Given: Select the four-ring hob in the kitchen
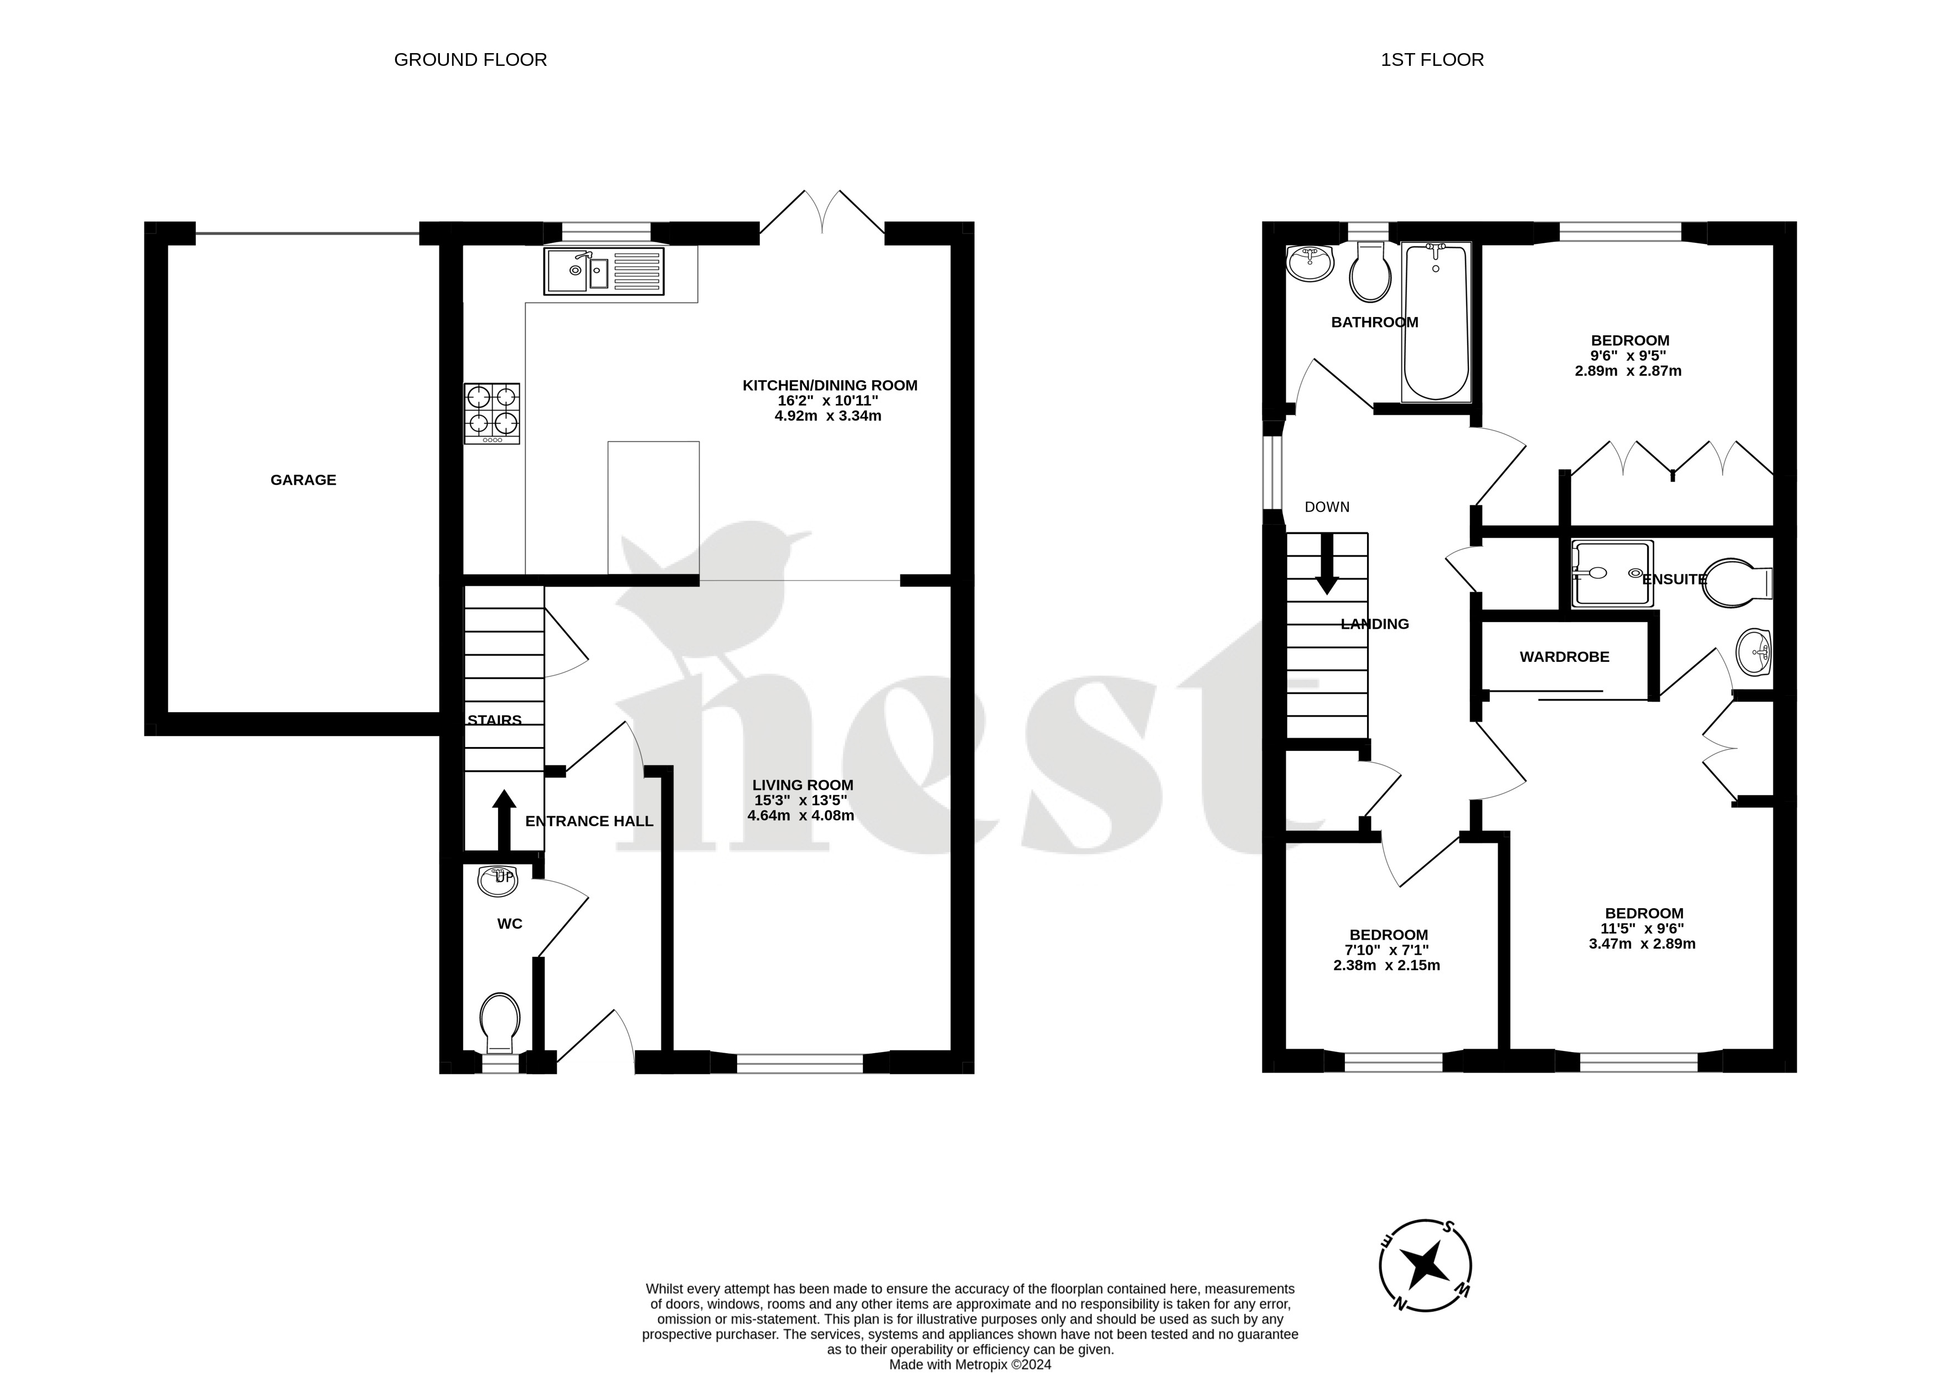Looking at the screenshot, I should pos(491,413).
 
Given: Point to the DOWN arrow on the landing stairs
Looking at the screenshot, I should pos(1327,563).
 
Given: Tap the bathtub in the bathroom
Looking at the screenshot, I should pos(1436,322).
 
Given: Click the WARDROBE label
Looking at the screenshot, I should pos(1564,657).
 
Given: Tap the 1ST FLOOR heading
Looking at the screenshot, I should pos(1432,60).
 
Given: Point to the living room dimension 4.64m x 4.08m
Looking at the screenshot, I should pos(800,816).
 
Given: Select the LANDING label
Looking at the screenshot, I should pos(1375,624).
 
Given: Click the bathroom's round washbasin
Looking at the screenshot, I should pos(1309,263).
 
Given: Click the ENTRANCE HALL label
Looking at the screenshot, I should pos(589,821).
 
